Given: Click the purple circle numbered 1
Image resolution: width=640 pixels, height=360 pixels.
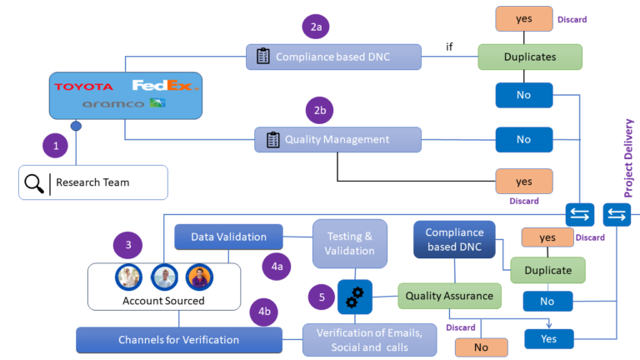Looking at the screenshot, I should [56, 145].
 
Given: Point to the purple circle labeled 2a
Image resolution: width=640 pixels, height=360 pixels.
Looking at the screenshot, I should [317, 27].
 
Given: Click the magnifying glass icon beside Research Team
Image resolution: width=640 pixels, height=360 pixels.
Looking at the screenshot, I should [34, 182].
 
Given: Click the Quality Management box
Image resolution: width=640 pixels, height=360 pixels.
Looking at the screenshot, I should [337, 139].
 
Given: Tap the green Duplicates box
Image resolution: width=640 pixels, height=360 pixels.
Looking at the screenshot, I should [529, 57].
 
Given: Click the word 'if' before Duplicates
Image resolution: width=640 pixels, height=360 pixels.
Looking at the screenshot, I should [449, 47].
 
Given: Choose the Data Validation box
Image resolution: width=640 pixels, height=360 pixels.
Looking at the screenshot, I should [228, 237].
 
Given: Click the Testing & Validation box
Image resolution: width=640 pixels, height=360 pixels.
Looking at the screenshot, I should [350, 242].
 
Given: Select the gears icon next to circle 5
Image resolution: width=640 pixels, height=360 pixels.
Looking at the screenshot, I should [354, 296].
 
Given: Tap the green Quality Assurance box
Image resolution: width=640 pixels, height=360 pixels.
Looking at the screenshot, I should [449, 295].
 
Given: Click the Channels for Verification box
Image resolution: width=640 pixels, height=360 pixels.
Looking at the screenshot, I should [178, 339].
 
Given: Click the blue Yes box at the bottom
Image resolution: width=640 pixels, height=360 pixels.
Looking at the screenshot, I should [549, 339].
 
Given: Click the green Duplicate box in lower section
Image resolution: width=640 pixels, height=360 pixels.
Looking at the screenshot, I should [547, 270].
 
